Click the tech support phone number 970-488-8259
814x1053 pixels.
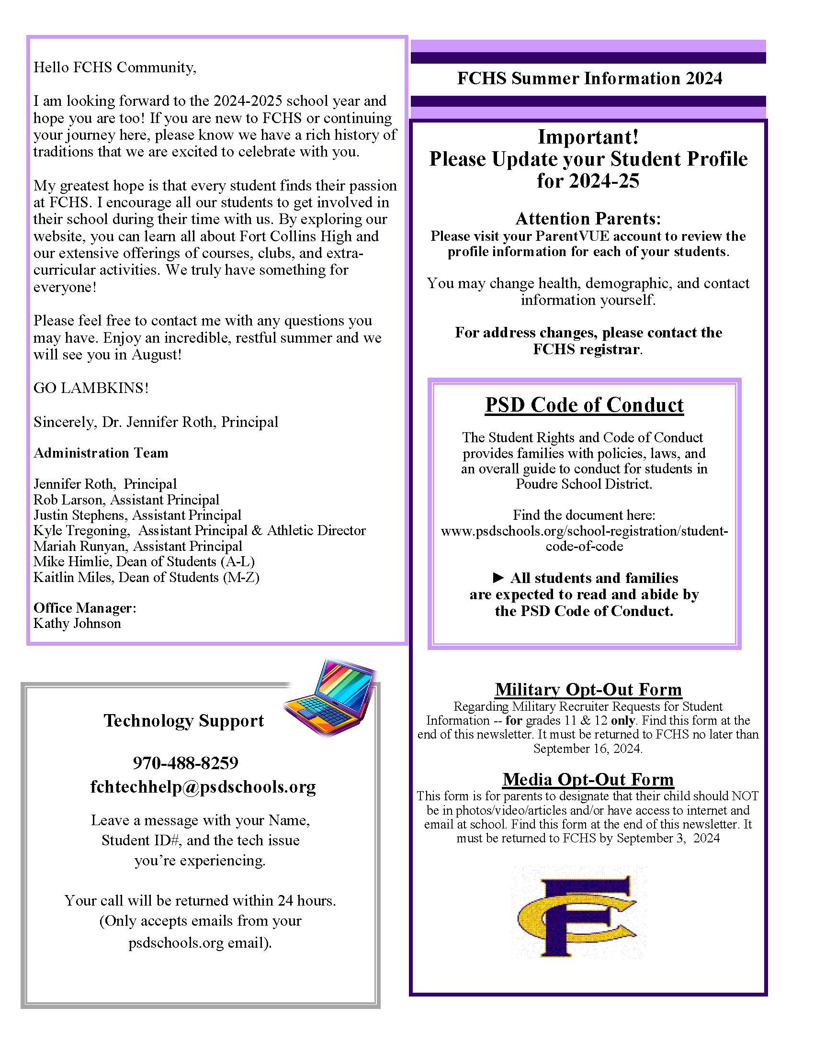[186, 763]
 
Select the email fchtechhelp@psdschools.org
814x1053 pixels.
[203, 786]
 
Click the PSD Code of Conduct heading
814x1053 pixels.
[584, 405]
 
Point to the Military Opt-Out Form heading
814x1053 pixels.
[588, 689]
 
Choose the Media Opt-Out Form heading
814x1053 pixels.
[588, 779]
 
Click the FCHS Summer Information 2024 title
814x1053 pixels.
[589, 78]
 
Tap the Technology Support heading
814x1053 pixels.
[184, 720]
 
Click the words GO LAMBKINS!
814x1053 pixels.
[91, 388]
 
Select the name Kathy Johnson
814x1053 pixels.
[77, 623]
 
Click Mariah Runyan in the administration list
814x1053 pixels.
[80, 546]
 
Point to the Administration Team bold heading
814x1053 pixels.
[101, 453]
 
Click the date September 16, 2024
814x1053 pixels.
[588, 748]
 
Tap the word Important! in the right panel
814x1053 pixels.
[588, 137]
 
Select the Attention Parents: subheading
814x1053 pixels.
[588, 219]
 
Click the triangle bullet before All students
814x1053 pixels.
[498, 578]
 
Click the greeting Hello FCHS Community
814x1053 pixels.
[115, 67]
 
